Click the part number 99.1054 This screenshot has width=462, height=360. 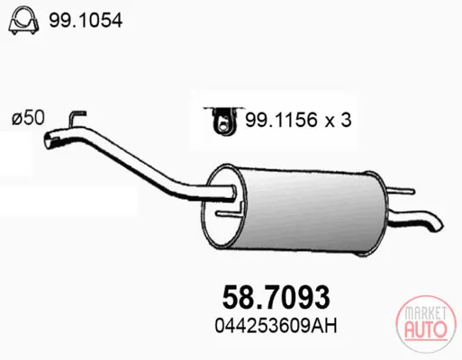coord(86,21)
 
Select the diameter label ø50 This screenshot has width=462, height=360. coord(28,117)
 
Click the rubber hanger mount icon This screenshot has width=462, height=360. coord(223,121)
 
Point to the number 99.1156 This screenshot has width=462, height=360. coord(281,120)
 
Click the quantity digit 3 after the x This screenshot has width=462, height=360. coord(346,120)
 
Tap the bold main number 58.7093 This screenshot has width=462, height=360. coord(276,297)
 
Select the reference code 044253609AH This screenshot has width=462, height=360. coord(276,326)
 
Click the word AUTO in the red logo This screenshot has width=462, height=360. coord(426,329)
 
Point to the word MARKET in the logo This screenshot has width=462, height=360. coord(425,313)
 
